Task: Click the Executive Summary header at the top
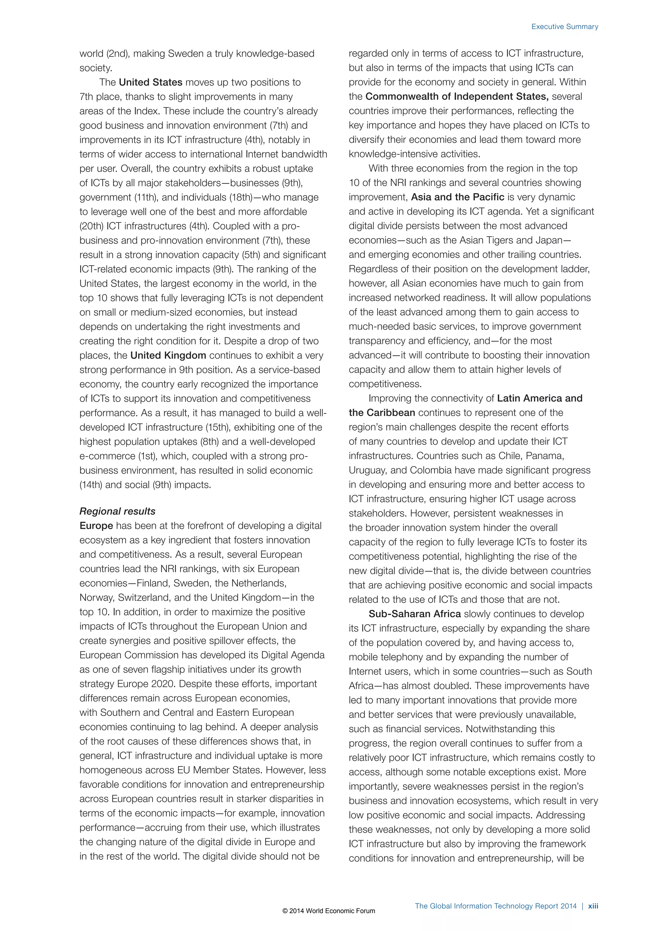tap(565, 27)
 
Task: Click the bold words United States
tap(150, 82)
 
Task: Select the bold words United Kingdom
tap(168, 356)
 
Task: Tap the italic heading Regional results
tap(118, 511)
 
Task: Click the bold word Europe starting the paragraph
tap(96, 526)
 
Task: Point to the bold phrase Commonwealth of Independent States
tap(457, 96)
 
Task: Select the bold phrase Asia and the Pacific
tap(458, 197)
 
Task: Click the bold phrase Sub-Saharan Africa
tap(414, 614)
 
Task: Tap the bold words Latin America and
tap(539, 398)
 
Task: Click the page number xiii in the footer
tap(593, 906)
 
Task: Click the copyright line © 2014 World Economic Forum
tap(329, 911)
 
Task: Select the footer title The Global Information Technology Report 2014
tap(495, 906)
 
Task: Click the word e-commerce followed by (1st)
tap(107, 456)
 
